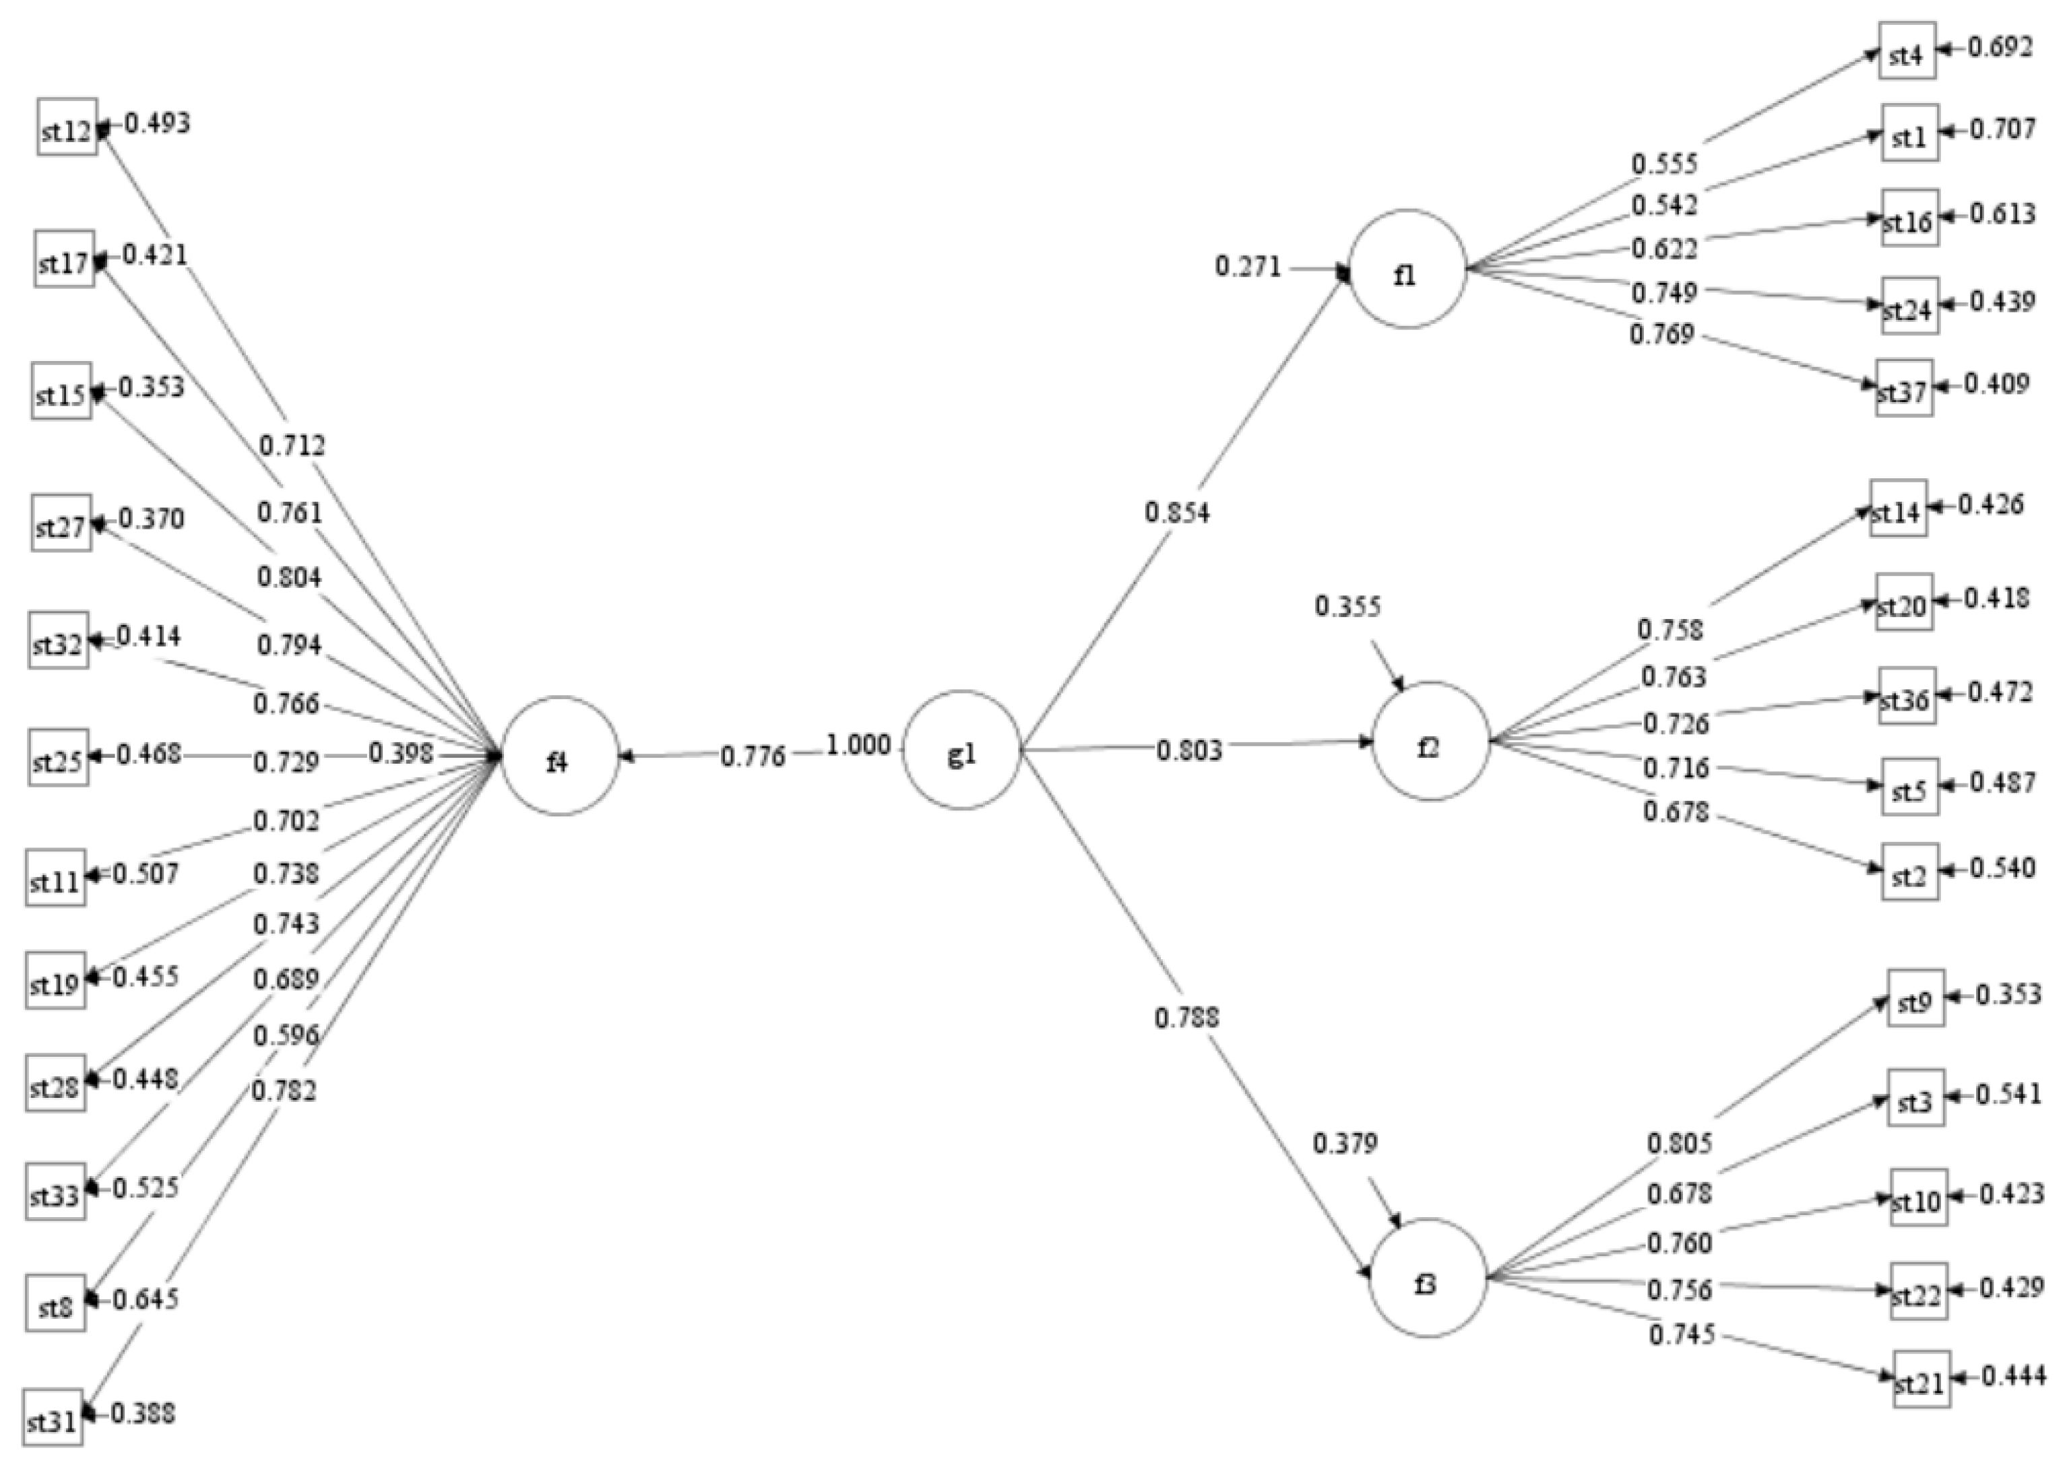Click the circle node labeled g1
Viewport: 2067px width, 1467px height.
961,750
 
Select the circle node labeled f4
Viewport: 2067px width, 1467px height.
559,756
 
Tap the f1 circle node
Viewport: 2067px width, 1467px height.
1407,269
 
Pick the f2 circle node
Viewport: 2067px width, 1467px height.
1430,741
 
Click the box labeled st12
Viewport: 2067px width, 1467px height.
67,127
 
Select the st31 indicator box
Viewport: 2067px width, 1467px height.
53,1419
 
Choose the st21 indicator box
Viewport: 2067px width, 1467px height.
1921,1379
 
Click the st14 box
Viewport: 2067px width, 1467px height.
1897,508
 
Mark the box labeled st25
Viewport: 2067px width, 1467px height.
58,757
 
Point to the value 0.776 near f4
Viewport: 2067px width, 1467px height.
753,755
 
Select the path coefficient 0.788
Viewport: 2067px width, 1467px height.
1186,1017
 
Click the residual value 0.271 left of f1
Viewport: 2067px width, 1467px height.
1248,267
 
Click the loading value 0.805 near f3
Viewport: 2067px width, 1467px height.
1678,1143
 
